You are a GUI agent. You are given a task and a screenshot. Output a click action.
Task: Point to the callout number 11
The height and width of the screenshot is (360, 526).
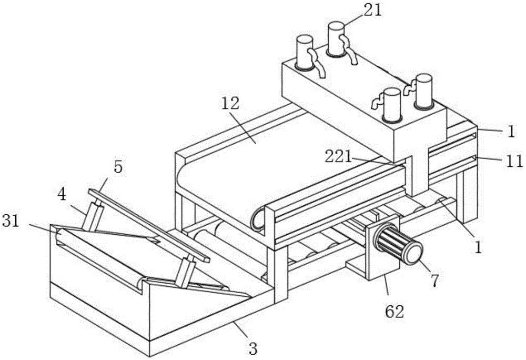(514, 161)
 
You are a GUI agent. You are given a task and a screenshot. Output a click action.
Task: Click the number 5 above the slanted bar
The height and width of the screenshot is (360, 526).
(118, 167)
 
